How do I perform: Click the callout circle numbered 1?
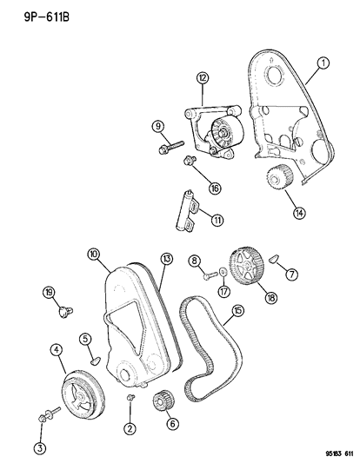point(323,63)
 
